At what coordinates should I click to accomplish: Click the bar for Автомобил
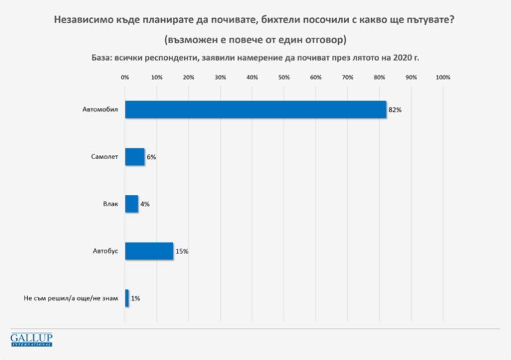pyautogui.click(x=255, y=110)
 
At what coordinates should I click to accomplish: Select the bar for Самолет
pyautogui.click(x=134, y=157)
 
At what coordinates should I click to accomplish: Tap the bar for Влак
pyautogui.click(x=131, y=204)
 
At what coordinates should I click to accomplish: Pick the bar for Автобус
pyautogui.click(x=149, y=252)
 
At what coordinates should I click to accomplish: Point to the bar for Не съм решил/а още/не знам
pyautogui.click(x=127, y=299)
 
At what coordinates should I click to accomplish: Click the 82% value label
pyautogui.click(x=395, y=110)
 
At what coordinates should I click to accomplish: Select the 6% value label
pyautogui.click(x=151, y=157)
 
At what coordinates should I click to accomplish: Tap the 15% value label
pyautogui.click(x=182, y=252)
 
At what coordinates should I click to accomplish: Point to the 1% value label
pyautogui.click(x=136, y=299)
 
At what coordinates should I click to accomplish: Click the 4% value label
pyautogui.click(x=144, y=204)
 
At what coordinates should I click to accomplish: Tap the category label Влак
pyautogui.click(x=110, y=204)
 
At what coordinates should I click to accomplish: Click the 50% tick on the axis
pyautogui.click(x=284, y=78)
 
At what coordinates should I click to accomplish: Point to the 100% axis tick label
pyautogui.click(x=442, y=78)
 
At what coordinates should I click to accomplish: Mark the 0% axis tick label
pyautogui.click(x=125, y=78)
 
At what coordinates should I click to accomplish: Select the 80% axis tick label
pyautogui.click(x=379, y=78)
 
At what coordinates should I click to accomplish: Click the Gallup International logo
pyautogui.click(x=31, y=339)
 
